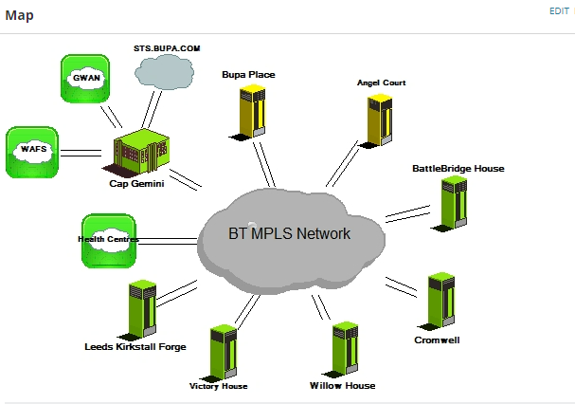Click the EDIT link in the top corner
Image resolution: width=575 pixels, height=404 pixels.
point(559,10)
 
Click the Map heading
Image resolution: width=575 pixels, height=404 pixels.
point(20,15)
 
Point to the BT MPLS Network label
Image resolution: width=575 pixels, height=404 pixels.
point(289,233)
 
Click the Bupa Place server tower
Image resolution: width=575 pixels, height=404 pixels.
point(251,111)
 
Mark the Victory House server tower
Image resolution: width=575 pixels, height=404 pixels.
point(223,352)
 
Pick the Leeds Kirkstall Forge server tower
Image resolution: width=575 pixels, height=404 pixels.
point(142,308)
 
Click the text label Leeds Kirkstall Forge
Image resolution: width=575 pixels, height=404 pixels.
point(135,347)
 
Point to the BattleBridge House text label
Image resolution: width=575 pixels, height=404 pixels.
point(458,169)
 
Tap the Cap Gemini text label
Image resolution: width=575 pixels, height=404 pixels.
point(136,184)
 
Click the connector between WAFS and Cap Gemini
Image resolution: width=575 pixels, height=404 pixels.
point(81,152)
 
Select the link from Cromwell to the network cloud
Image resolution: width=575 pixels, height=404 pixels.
point(403,286)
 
